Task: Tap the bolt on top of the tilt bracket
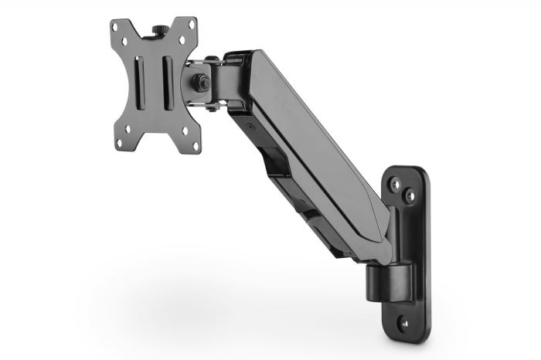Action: click(209, 59)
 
